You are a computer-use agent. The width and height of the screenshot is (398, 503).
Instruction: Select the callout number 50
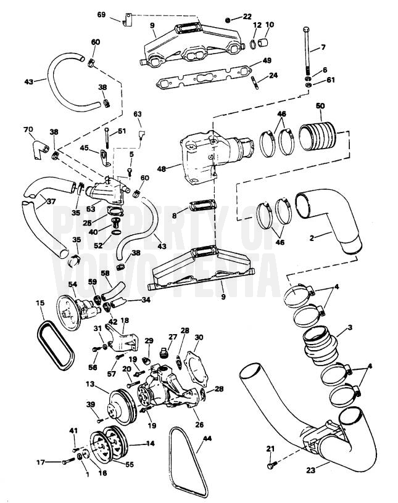pos(320,107)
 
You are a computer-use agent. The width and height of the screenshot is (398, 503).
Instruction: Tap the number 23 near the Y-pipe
pos(310,470)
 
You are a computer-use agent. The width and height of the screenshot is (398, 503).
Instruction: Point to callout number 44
pos(207,440)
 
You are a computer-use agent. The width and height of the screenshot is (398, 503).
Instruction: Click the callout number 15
pos(40,303)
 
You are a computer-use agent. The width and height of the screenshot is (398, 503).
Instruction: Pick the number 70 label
pos(28,130)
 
